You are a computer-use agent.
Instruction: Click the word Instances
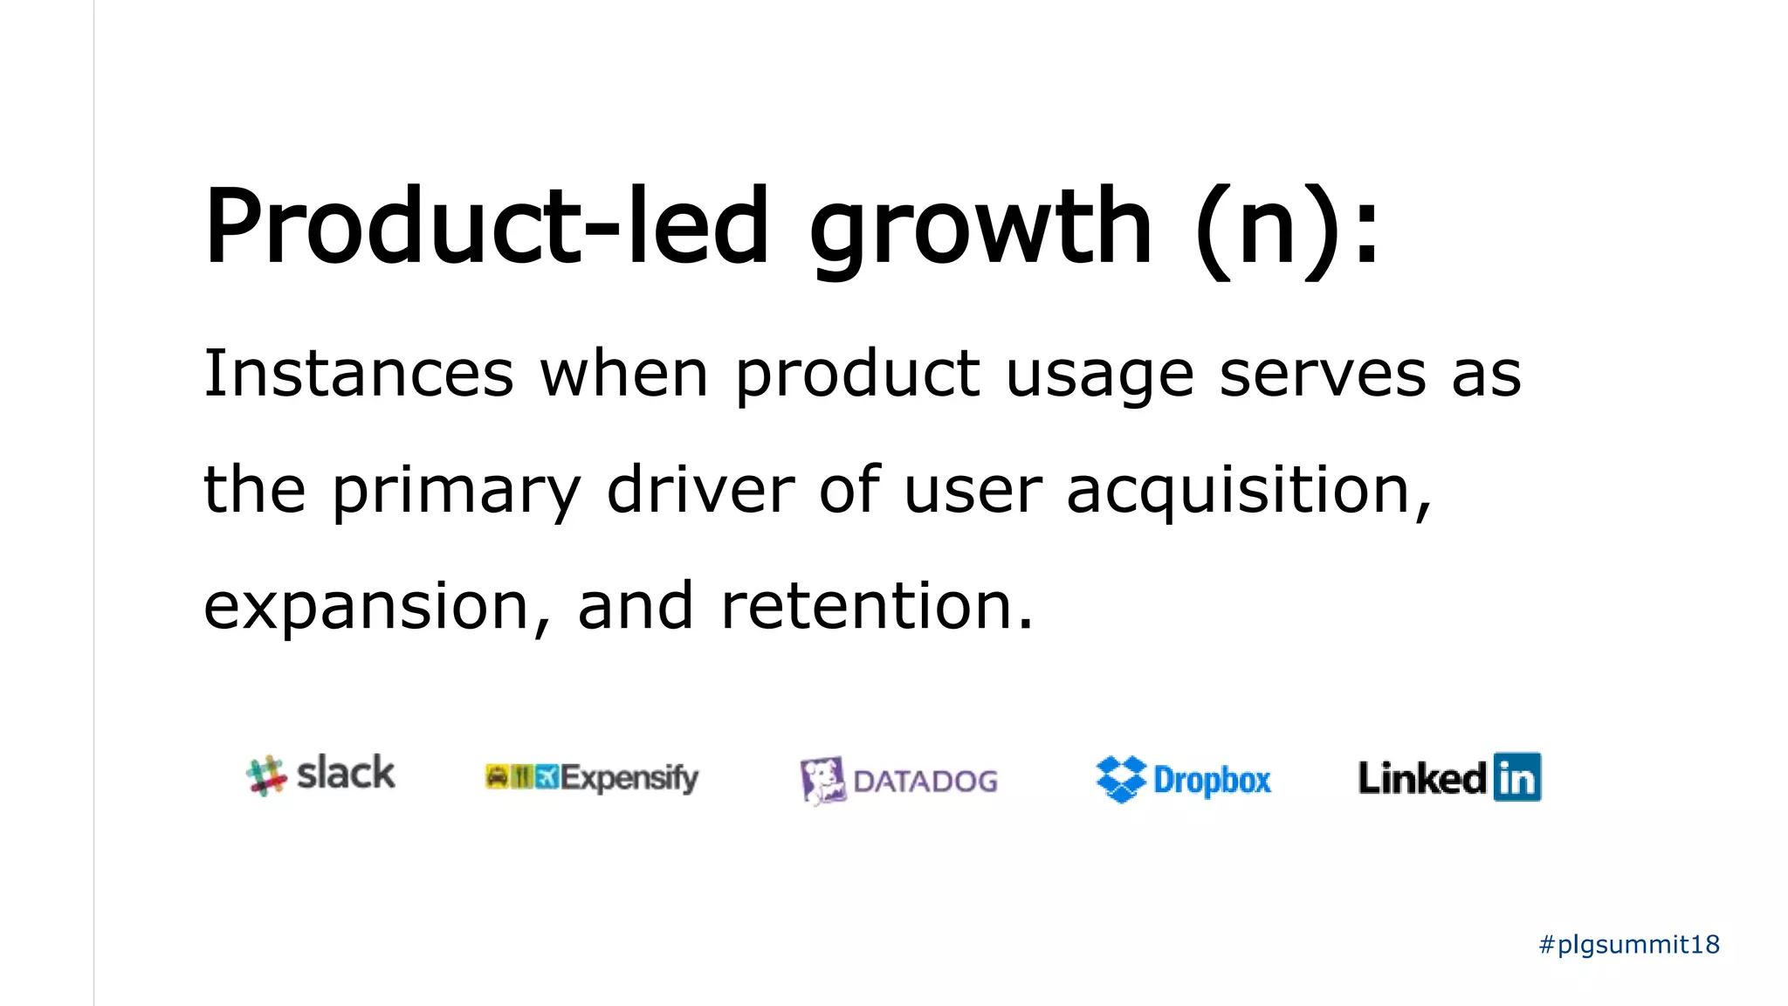point(358,374)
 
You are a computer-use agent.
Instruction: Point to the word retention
point(877,606)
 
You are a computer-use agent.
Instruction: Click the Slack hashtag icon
point(266,775)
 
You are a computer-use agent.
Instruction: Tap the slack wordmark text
point(346,773)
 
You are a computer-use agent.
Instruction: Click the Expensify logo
point(592,776)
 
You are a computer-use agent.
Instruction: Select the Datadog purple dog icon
point(822,780)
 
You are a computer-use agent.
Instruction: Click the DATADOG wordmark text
point(925,781)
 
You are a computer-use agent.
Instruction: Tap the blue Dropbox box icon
point(1121,779)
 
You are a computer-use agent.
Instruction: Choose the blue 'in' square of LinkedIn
point(1516,776)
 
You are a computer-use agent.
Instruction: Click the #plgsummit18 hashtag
point(1629,944)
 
